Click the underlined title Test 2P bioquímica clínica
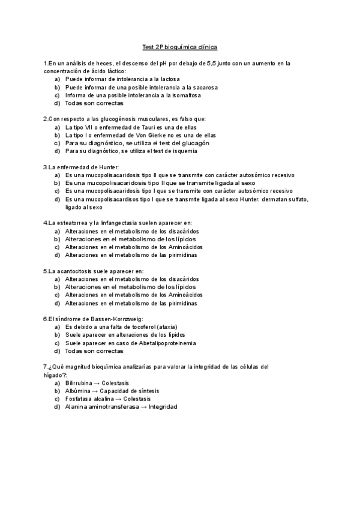[x=179, y=46]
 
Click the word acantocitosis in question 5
[x=73, y=271]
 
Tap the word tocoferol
[x=145, y=327]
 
